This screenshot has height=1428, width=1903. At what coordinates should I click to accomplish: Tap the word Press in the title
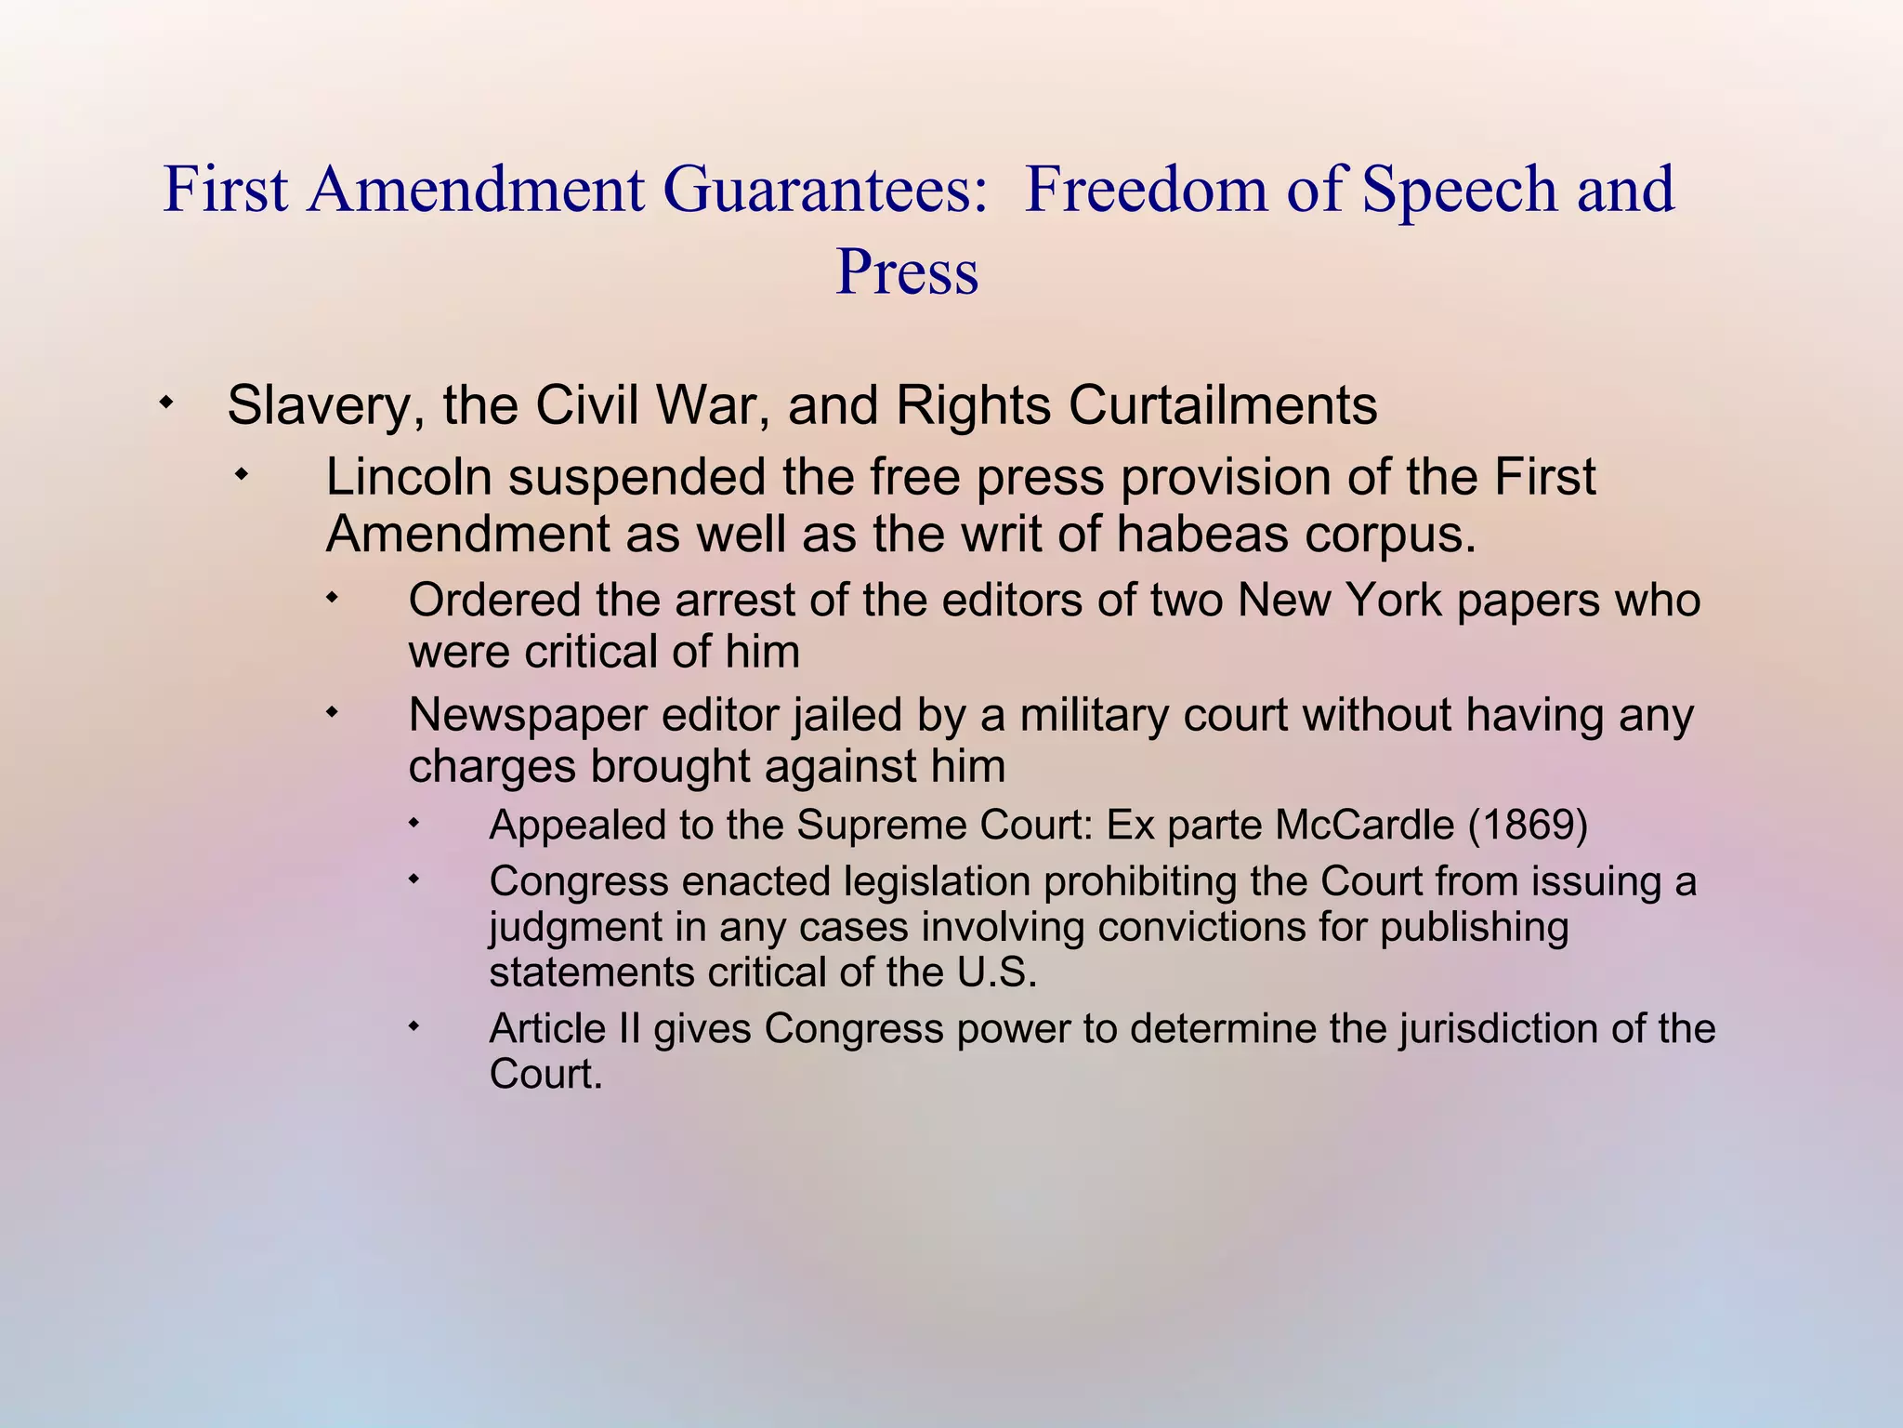pyautogui.click(x=907, y=272)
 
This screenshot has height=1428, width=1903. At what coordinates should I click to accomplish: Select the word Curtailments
pyautogui.click(x=1222, y=406)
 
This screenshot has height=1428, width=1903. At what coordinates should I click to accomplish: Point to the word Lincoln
pyautogui.click(x=408, y=477)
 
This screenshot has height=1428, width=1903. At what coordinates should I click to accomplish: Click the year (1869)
pyautogui.click(x=1528, y=826)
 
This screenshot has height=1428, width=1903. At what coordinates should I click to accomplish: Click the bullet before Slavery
pyautogui.click(x=165, y=403)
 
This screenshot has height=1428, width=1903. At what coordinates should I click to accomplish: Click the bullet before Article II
pyautogui.click(x=414, y=1026)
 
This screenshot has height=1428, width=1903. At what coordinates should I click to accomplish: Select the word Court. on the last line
pyautogui.click(x=545, y=1075)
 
